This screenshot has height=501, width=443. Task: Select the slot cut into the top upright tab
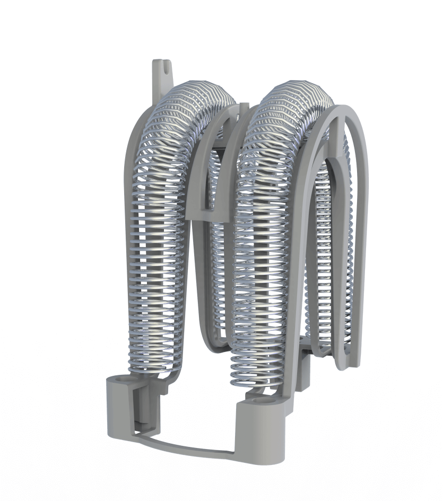click(x=166, y=67)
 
